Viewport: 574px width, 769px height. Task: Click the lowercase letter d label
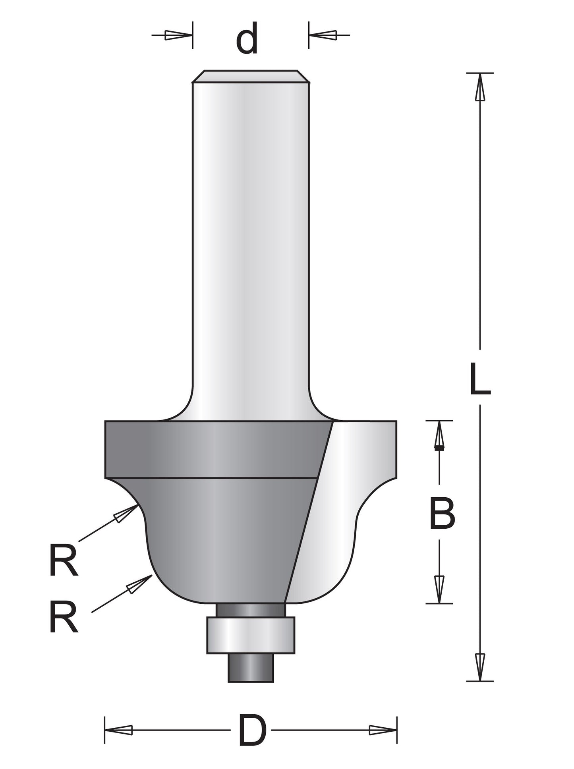[x=247, y=39]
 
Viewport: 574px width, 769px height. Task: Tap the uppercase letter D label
[x=253, y=730]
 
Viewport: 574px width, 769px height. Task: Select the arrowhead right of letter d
[x=323, y=35]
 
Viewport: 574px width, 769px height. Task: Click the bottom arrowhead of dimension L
[x=480, y=667]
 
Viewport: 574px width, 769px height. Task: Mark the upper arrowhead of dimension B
[x=439, y=435]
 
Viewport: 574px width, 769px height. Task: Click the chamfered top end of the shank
[x=251, y=76]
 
